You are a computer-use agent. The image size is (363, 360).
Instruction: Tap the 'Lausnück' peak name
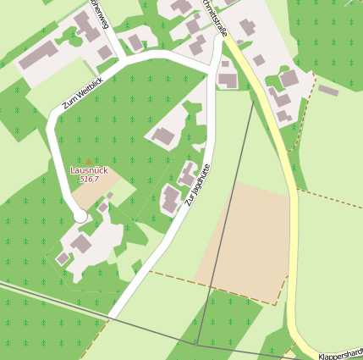coord(89,170)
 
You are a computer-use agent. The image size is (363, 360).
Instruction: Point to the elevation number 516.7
coord(89,180)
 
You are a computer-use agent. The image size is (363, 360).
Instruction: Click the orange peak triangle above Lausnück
coord(89,161)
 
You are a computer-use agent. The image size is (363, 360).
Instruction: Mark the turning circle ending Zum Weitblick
coord(81,217)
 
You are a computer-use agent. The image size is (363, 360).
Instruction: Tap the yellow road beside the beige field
coord(293,246)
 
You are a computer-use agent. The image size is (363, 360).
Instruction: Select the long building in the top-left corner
coord(39,54)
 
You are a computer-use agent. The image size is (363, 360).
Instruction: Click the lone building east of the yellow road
coord(328,90)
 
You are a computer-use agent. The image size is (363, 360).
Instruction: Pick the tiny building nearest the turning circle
coord(103,207)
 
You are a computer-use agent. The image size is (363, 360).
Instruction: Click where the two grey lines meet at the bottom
coord(196,345)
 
